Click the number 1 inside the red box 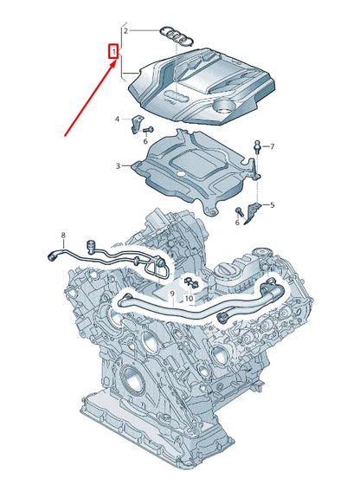pos(112,53)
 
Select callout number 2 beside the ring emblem pos(125,30)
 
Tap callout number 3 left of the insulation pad pos(118,165)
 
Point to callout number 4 pos(118,118)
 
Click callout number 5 pos(272,205)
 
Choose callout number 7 pos(272,147)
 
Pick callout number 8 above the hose pos(62,236)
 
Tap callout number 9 pos(172,295)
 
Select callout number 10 pos(190,299)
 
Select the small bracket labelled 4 pos(136,125)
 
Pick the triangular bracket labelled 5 pos(254,209)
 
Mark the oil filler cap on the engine pos(230,275)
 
